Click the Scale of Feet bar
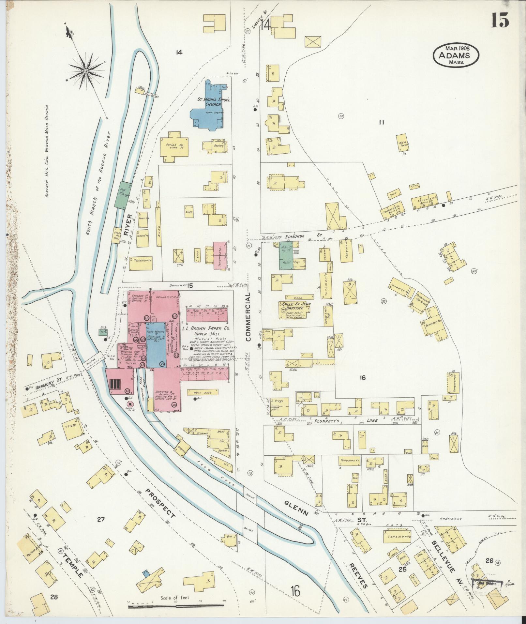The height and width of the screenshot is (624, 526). [176, 606]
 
